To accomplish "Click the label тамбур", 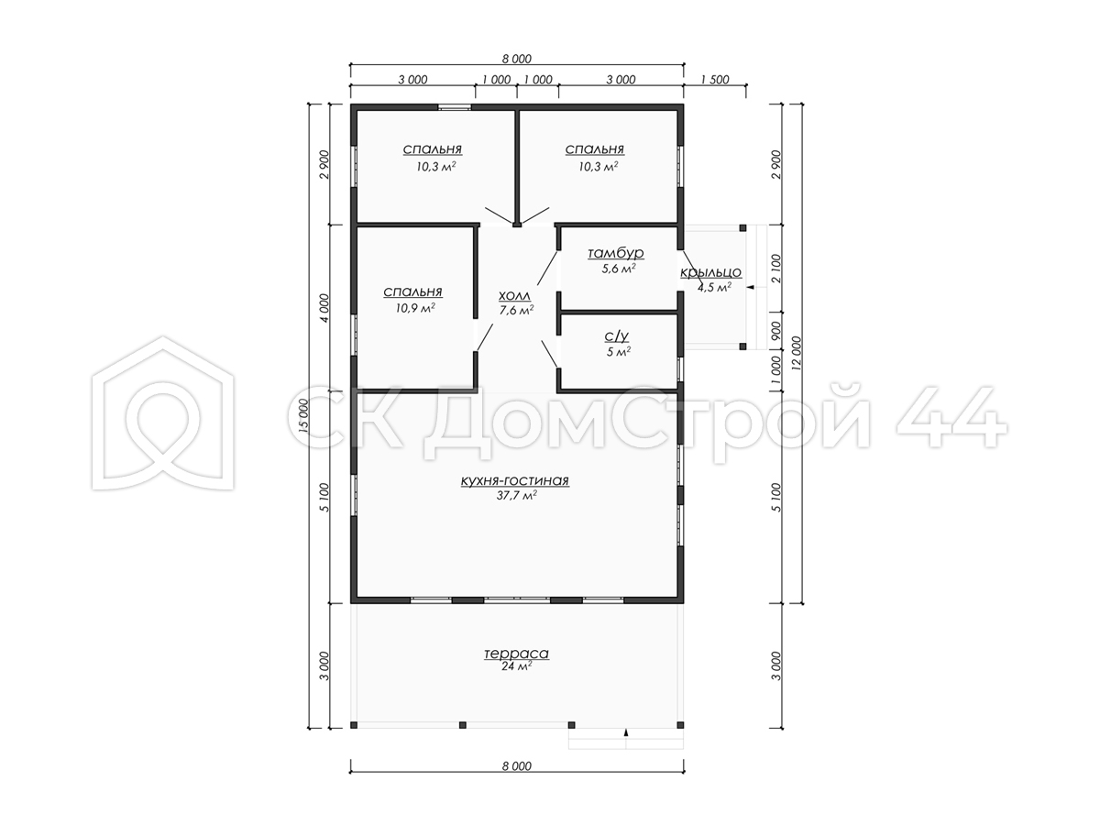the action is point(615,253).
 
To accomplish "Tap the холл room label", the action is point(514,296).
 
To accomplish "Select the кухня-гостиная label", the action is point(514,480).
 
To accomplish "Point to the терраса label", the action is point(516,654).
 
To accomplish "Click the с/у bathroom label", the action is point(617,335).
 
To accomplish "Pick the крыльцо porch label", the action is point(710,272).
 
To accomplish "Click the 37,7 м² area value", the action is point(517,496).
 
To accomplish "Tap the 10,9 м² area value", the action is point(415,308).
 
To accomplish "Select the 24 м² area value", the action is point(516,666).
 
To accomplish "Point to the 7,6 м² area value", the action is point(516,311).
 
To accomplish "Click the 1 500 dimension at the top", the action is point(715,80).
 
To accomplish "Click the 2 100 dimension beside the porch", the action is point(776,269).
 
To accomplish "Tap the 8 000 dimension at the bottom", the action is point(517,766).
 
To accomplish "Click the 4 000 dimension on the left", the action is point(324,308).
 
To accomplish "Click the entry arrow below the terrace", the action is point(626,732).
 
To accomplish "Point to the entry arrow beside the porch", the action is point(751,288).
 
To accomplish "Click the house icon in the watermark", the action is point(163,413).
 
